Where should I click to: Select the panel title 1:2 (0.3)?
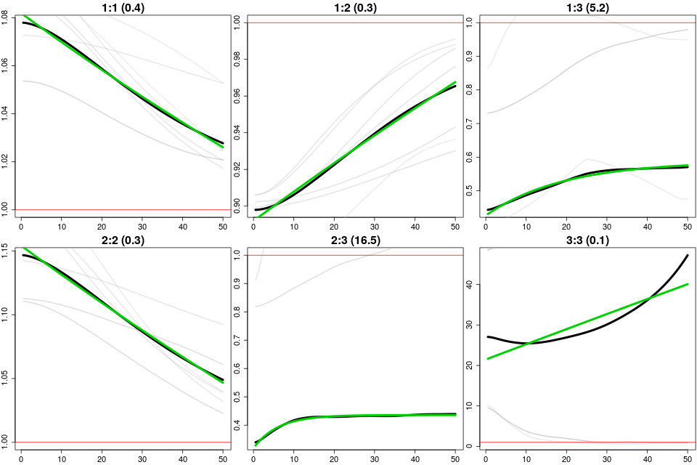(354, 7)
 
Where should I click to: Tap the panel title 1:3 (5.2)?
(587, 7)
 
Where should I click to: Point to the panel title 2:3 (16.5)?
(354, 240)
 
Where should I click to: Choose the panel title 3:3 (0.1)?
(587, 240)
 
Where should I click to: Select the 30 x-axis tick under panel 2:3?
(375, 459)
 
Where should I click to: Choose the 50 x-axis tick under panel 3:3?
(688, 459)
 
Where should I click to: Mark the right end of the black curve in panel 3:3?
(688, 255)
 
